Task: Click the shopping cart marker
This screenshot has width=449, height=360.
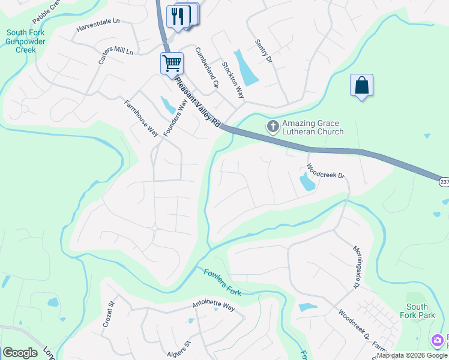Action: [x=172, y=63]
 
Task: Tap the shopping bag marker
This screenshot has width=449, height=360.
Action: [x=362, y=85]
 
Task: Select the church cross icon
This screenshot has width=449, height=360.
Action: [x=273, y=126]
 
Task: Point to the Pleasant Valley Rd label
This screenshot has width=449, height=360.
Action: [x=197, y=104]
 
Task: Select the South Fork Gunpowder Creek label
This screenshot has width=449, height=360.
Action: [x=29, y=41]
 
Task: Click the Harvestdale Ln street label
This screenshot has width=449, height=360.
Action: [x=98, y=25]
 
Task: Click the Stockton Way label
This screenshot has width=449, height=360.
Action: [x=233, y=80]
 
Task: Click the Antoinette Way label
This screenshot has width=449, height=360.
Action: [x=214, y=307]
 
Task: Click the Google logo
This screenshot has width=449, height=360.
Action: [x=20, y=353]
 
